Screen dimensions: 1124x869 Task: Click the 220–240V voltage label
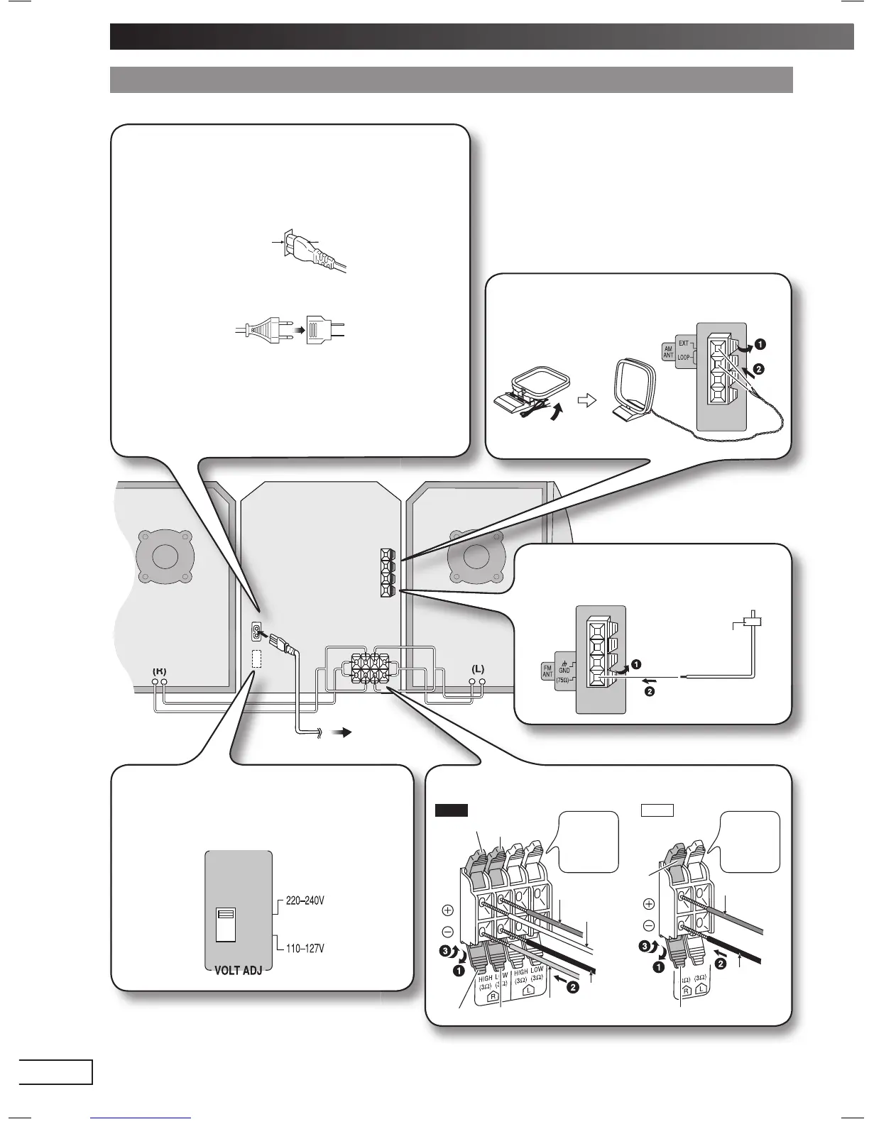click(x=305, y=901)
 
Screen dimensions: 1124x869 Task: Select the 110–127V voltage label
click(x=305, y=948)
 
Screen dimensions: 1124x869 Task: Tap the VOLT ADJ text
click(x=238, y=970)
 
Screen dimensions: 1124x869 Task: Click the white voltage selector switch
click(x=224, y=925)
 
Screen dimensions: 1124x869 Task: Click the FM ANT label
click(x=547, y=671)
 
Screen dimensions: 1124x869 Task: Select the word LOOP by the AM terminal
click(x=683, y=357)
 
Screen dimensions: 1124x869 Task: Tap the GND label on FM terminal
click(x=564, y=669)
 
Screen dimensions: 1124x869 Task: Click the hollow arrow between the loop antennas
click(x=586, y=400)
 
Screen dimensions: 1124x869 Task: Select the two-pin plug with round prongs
click(x=259, y=330)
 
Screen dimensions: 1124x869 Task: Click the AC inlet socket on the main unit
click(x=256, y=632)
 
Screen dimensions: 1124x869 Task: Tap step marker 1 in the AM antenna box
click(x=759, y=345)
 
